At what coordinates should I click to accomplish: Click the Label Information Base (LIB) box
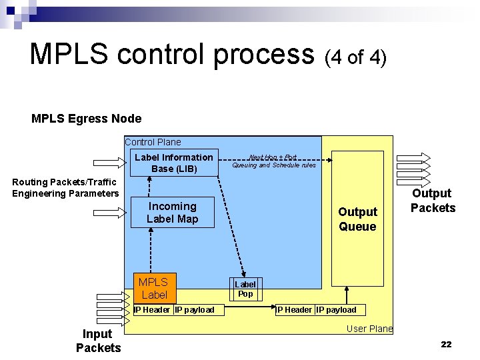click(173, 163)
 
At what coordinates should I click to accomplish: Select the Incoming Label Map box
click(173, 213)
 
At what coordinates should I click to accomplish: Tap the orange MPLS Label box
click(154, 288)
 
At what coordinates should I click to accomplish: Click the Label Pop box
click(245, 289)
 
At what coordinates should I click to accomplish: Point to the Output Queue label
click(357, 219)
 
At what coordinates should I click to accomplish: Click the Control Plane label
click(153, 142)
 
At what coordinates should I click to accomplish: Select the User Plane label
click(369, 329)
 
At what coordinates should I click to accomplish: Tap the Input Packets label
click(99, 341)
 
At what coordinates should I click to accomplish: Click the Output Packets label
click(433, 201)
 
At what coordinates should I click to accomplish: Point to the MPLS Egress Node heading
click(87, 119)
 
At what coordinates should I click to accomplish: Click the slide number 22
click(446, 344)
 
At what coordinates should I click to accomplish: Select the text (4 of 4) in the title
click(355, 57)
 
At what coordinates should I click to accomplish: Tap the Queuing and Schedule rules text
click(274, 165)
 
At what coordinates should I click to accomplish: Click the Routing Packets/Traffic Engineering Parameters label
click(65, 188)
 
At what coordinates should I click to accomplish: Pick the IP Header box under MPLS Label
click(152, 309)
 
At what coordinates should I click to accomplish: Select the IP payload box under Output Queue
click(336, 309)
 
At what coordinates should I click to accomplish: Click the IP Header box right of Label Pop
click(294, 309)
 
